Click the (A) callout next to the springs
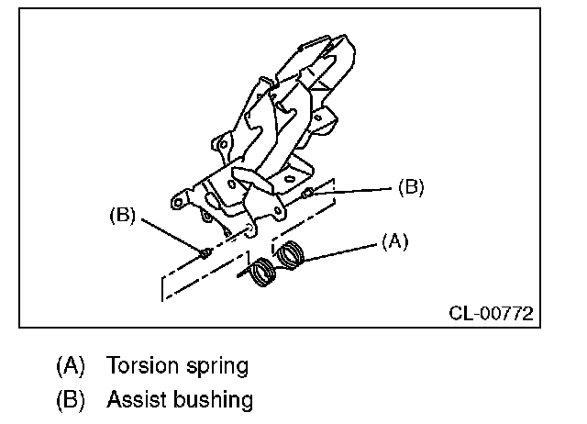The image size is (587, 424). (x=393, y=241)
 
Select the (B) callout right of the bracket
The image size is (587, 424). (x=410, y=187)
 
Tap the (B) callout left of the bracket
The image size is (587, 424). (x=122, y=217)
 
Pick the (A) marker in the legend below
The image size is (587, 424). (x=71, y=366)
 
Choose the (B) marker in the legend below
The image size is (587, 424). (x=71, y=400)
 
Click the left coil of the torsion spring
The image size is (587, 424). (x=265, y=273)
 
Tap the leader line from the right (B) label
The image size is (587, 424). (x=358, y=191)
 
